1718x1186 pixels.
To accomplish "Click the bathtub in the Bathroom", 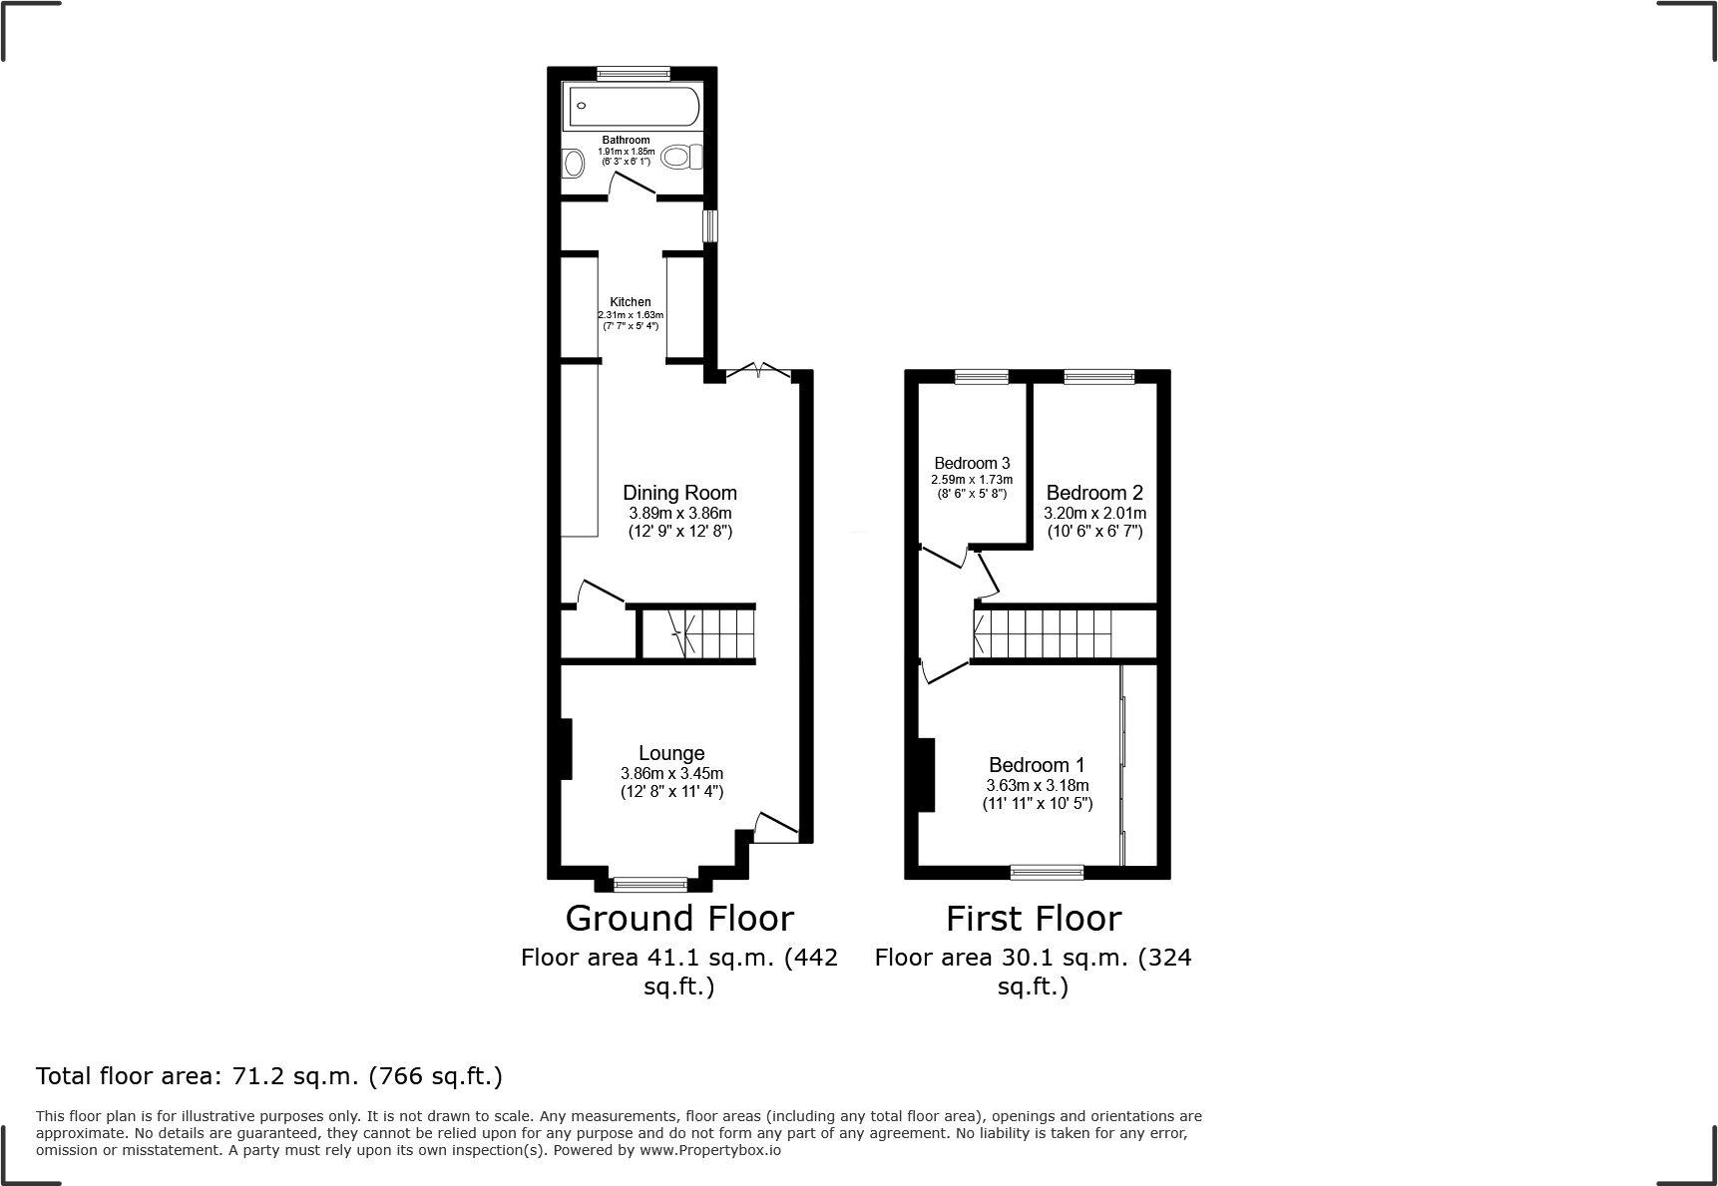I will tap(633, 107).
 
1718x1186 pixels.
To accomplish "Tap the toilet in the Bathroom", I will tap(683, 157).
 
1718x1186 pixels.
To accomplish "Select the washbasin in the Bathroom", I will tap(574, 163).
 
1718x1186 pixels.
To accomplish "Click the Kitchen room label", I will tap(631, 302).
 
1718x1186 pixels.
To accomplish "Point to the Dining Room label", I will tap(679, 492).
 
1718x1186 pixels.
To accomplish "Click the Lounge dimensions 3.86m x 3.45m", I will tap(671, 773).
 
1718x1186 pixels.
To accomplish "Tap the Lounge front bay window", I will tap(650, 884).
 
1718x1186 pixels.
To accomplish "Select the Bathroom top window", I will tap(634, 73).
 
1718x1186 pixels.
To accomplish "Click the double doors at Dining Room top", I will tap(758, 371).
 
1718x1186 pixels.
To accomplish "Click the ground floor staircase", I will tap(697, 633).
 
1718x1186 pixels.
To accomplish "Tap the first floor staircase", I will tap(1043, 633).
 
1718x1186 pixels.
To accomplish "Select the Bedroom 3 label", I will tap(972, 463).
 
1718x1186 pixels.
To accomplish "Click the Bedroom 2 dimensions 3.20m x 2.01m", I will tap(1094, 513).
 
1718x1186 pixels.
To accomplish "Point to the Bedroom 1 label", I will tap(1037, 764).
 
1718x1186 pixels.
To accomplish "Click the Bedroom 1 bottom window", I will tap(1047, 873).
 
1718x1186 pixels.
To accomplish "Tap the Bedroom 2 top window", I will tap(1098, 377).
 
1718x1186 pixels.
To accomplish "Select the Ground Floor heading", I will tap(679, 918).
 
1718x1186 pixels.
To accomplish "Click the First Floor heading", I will tap(1034, 918).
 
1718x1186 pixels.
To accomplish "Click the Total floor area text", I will tap(269, 1076).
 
